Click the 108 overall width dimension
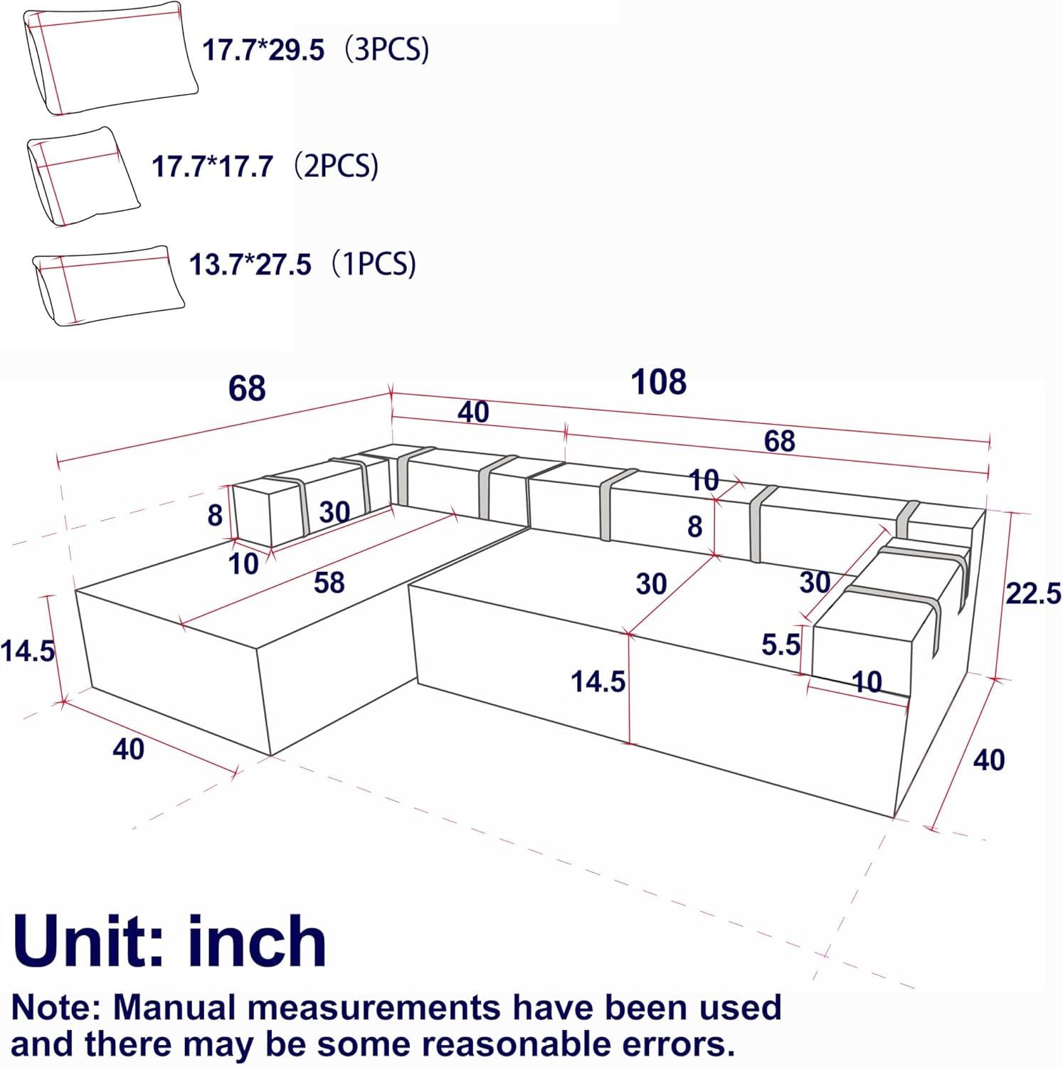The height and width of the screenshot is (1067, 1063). pyautogui.click(x=659, y=382)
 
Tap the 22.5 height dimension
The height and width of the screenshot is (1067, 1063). pyautogui.click(x=1033, y=593)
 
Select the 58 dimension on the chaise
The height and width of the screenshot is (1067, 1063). pyautogui.click(x=329, y=583)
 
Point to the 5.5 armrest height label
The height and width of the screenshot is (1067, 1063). pyautogui.click(x=781, y=644)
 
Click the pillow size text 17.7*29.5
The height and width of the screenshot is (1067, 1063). pyautogui.click(x=263, y=51)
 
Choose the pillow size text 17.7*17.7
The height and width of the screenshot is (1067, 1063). pyautogui.click(x=212, y=166)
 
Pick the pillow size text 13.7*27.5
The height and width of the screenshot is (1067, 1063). pyautogui.click(x=250, y=264)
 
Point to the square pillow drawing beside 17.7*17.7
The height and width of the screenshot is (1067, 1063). pyautogui.click(x=83, y=176)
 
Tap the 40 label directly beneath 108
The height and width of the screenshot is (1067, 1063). pyautogui.click(x=474, y=412)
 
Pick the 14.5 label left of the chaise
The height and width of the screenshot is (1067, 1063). pyautogui.click(x=28, y=650)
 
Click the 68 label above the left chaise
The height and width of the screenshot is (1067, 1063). pyautogui.click(x=247, y=388)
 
